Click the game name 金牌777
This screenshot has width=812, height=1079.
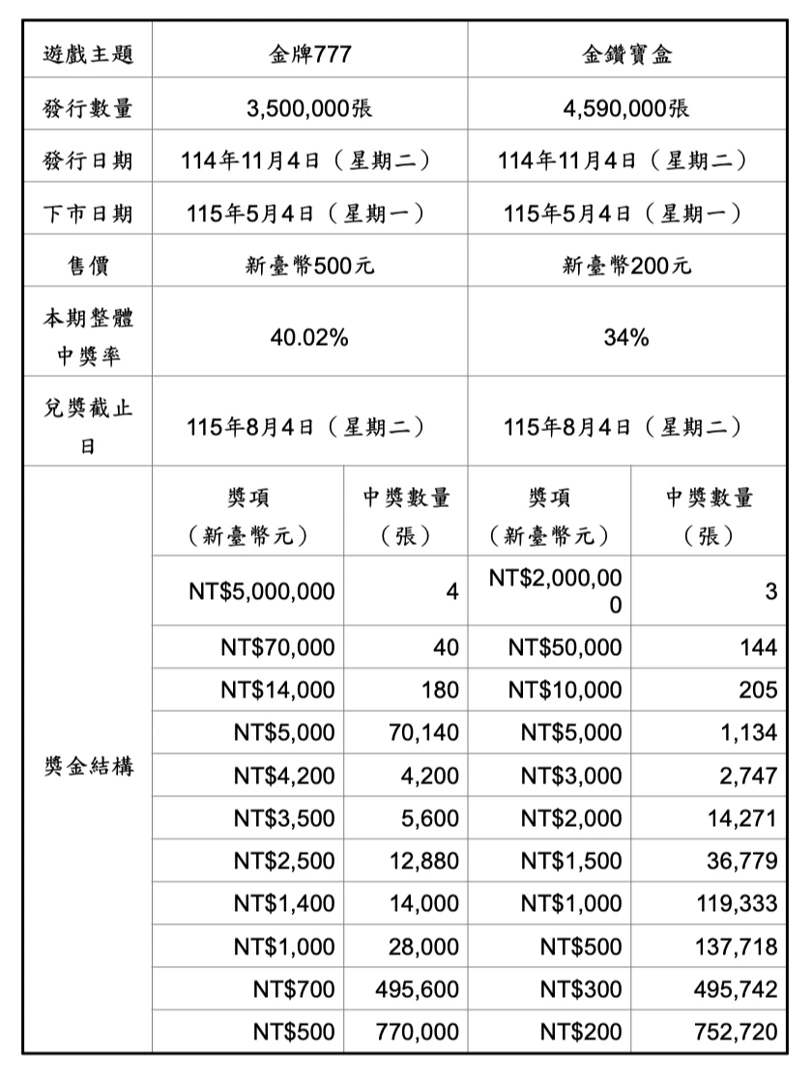click(x=309, y=55)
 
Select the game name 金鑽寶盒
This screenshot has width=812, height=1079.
click(x=626, y=55)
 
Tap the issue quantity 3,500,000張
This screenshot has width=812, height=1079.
click(x=309, y=108)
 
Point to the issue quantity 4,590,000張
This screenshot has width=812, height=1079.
click(x=626, y=108)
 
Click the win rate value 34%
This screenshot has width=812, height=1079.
click(x=626, y=337)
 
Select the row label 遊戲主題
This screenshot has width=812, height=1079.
click(x=88, y=55)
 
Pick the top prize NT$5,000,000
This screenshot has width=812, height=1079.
click(x=262, y=591)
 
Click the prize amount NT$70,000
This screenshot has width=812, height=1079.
click(x=277, y=647)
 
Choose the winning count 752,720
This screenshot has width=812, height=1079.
click(x=735, y=1032)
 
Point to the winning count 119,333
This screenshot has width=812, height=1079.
click(x=735, y=903)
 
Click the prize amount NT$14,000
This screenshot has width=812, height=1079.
click(x=277, y=690)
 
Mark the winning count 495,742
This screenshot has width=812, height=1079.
click(x=735, y=989)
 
